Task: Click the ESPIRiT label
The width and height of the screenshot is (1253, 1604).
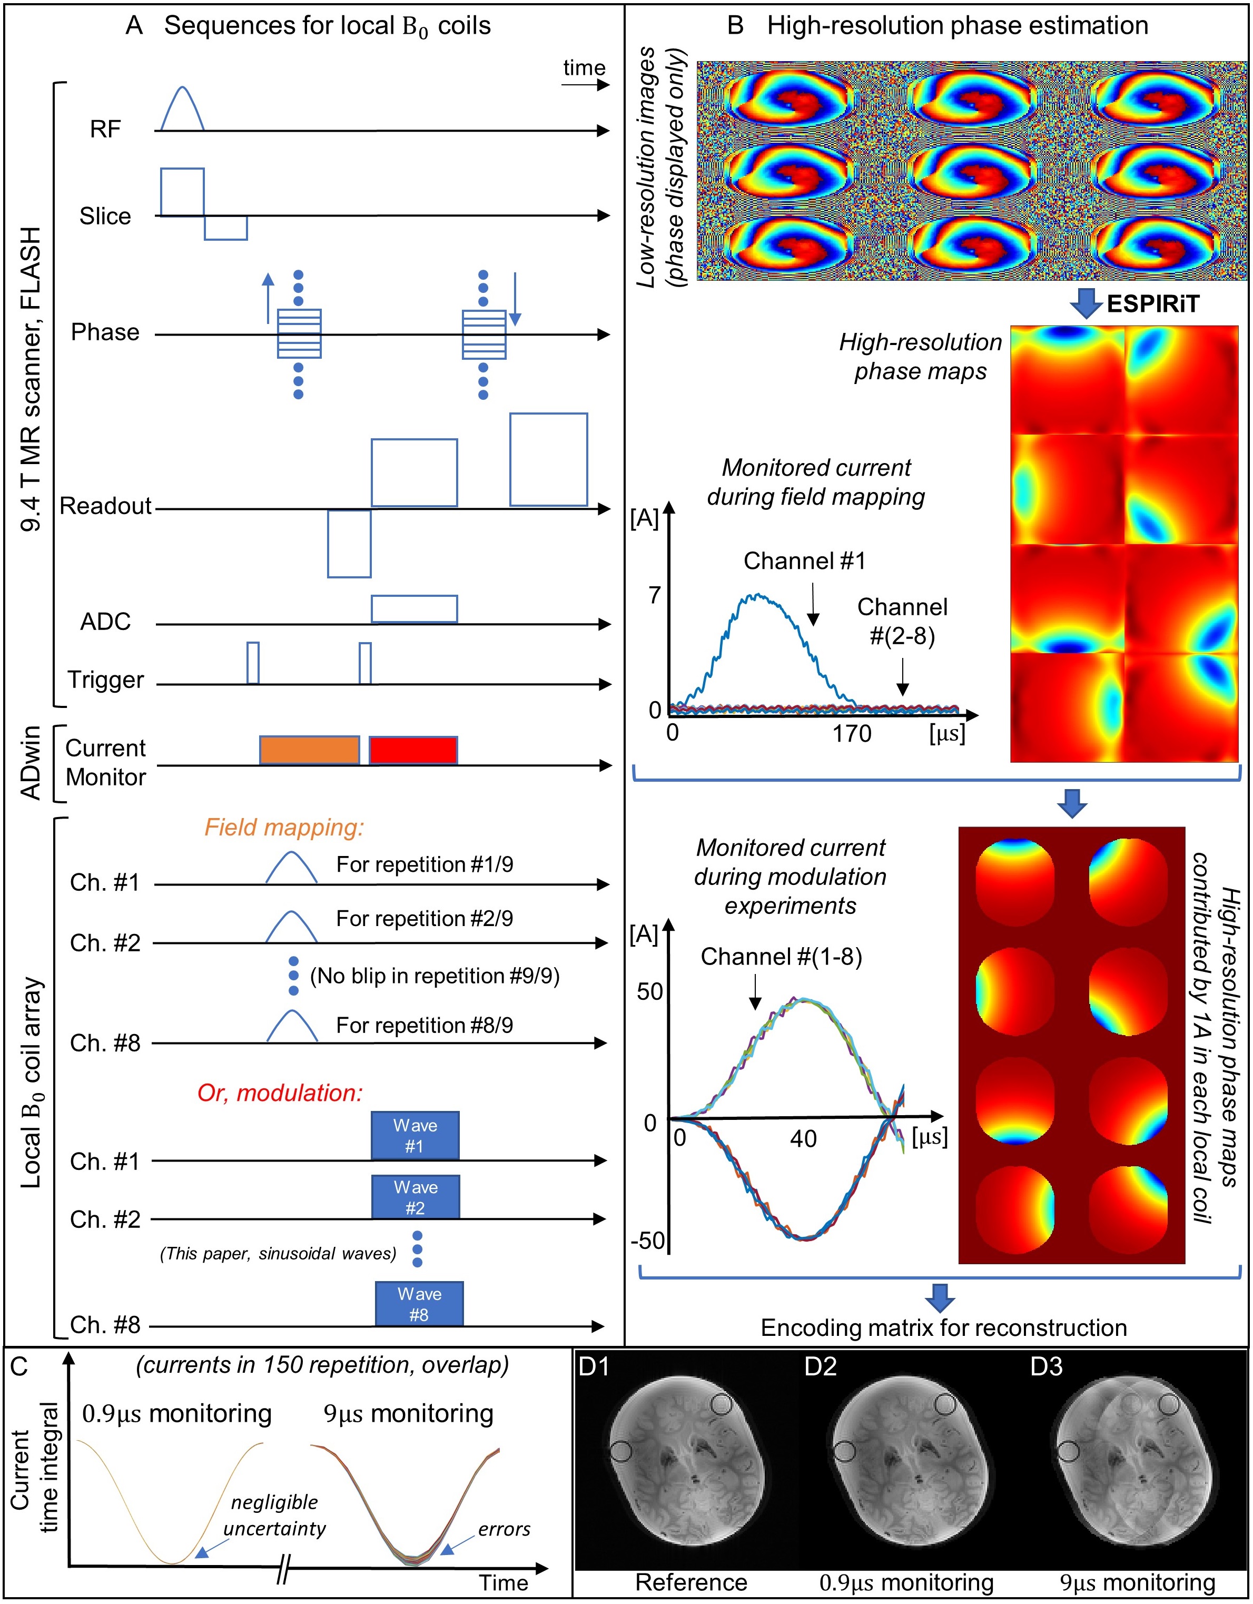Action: [x=1152, y=303]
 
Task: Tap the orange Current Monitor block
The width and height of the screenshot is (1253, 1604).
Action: [x=310, y=750]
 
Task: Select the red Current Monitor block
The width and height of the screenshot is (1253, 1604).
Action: [x=413, y=750]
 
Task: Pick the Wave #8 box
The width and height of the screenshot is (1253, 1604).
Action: [x=419, y=1304]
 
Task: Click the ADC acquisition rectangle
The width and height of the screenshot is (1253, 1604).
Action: [x=414, y=609]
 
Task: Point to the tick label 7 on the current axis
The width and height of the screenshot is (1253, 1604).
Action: [x=654, y=596]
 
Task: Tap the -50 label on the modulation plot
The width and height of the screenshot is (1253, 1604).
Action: [x=648, y=1241]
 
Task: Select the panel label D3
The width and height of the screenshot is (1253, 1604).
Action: [x=1046, y=1367]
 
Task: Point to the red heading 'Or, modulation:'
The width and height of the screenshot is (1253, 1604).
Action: [x=280, y=1093]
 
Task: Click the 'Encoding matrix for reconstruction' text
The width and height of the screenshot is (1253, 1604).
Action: [x=944, y=1328]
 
